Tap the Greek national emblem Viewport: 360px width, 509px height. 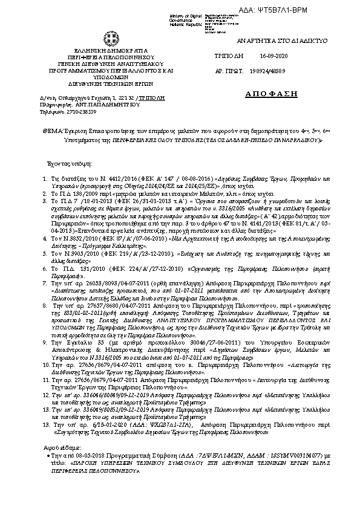click(111, 39)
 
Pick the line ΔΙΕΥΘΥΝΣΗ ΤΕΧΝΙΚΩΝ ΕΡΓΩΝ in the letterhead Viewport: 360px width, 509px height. click(111, 85)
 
